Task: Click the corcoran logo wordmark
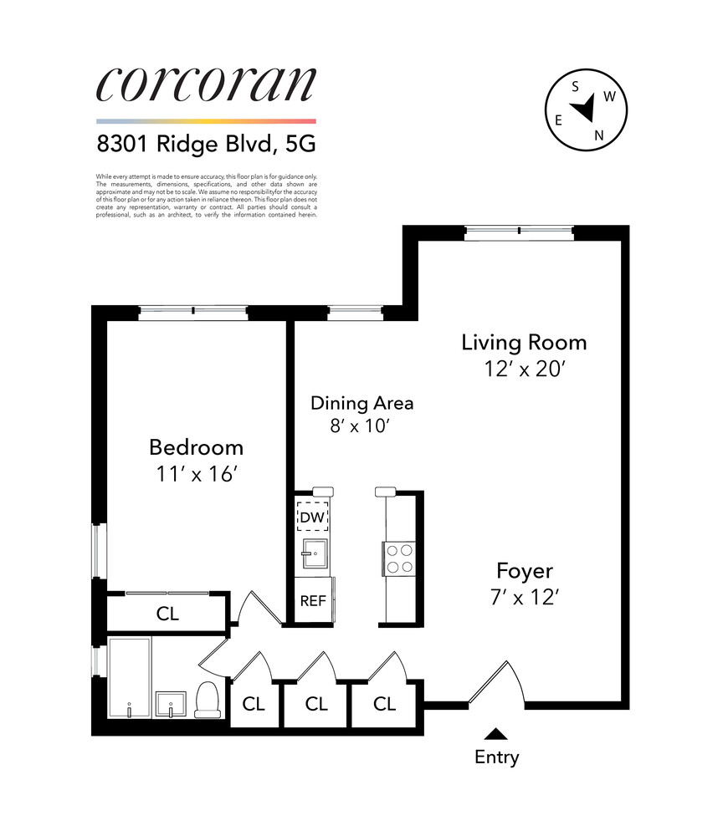206,84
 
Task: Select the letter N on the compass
598,135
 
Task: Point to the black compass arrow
584,108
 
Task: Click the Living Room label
524,342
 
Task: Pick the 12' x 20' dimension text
524,369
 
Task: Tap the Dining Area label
361,403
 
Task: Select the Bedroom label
196,446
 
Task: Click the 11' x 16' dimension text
196,473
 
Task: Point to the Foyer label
524,571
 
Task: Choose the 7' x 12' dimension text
524,598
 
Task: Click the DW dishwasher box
312,517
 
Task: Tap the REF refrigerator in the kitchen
312,601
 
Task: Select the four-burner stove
398,558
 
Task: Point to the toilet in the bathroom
207,699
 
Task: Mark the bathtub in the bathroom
130,678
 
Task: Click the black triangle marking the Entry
496,734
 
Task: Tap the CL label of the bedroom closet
167,614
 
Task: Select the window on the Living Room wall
519,232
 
